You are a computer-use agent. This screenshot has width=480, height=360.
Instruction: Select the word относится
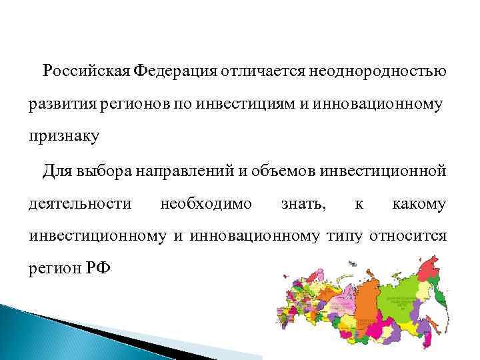412,236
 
